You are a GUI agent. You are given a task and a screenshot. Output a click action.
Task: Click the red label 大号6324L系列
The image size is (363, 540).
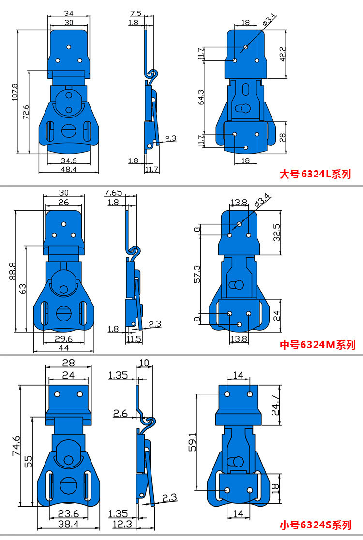point(315,174)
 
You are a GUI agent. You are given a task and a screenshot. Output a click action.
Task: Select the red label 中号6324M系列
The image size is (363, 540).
point(318,345)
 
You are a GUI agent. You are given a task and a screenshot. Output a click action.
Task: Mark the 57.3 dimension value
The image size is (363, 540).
point(197,274)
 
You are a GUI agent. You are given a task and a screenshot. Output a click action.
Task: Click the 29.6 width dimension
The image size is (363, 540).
point(64,339)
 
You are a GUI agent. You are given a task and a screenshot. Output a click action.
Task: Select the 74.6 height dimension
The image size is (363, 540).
point(16,445)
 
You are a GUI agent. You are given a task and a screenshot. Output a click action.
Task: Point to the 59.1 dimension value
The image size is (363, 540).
point(192,441)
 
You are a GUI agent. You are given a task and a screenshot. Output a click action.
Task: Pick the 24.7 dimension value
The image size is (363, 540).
point(275,405)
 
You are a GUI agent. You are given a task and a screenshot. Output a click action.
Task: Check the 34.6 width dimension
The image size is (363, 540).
point(68,160)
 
